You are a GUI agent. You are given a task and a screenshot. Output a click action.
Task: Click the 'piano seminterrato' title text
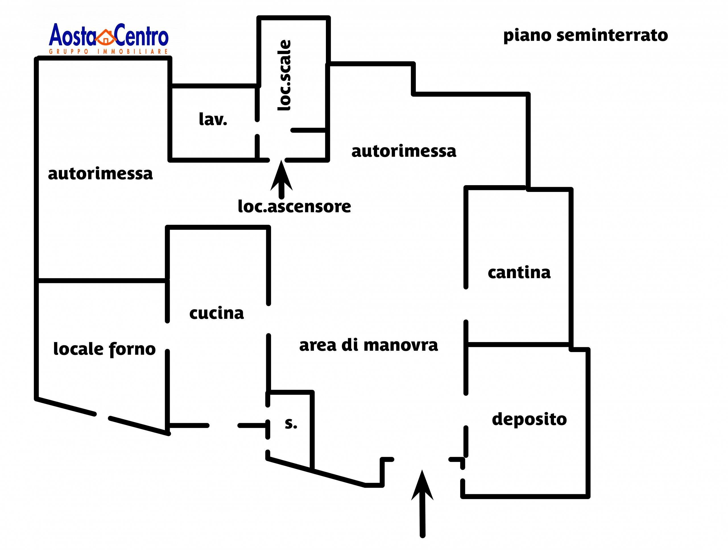tap(586, 36)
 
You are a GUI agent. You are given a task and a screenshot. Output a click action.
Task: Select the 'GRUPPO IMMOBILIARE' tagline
tap(109, 52)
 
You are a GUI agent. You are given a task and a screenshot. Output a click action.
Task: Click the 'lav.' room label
tap(213, 119)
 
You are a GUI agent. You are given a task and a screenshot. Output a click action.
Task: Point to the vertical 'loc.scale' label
tap(284, 75)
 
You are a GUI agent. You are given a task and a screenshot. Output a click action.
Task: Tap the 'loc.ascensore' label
tap(294, 207)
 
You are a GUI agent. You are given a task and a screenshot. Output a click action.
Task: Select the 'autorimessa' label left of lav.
tap(100, 173)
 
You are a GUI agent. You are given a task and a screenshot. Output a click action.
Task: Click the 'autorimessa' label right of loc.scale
tap(404, 151)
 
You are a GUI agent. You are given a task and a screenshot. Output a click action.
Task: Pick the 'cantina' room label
tap(519, 272)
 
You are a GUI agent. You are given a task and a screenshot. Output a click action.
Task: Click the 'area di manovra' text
tap(368, 345)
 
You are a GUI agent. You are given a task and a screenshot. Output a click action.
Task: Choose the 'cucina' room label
tap(217, 313)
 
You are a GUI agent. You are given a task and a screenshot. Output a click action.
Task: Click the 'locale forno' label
tap(104, 349)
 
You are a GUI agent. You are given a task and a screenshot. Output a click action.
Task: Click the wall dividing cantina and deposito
tap(518, 344)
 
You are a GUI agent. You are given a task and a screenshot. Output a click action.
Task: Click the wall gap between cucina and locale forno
tap(167, 336)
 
